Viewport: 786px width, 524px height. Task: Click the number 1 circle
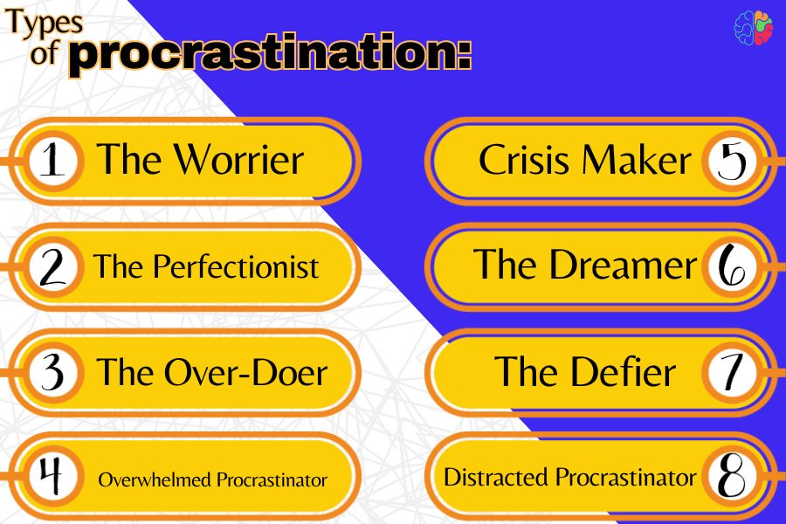pyautogui.click(x=53, y=161)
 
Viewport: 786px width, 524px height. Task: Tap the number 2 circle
pyautogui.click(x=53, y=266)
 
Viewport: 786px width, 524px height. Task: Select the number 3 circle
pyautogui.click(x=53, y=372)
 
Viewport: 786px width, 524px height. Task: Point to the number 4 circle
pyautogui.click(x=53, y=475)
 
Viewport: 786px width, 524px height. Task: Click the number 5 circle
pyautogui.click(x=732, y=161)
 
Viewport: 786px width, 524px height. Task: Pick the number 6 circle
pyautogui.click(x=732, y=266)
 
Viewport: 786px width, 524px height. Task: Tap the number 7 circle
pyautogui.click(x=732, y=372)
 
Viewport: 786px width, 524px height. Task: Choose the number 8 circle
pyautogui.click(x=732, y=475)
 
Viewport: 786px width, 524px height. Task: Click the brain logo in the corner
pyautogui.click(x=753, y=28)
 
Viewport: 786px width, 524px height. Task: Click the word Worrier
pyautogui.click(x=238, y=160)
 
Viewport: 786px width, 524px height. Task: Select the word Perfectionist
pyautogui.click(x=236, y=265)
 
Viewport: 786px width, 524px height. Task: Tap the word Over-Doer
pyautogui.click(x=246, y=372)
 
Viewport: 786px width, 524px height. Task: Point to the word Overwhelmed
pyautogui.click(x=155, y=479)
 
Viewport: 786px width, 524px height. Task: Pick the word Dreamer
pyautogui.click(x=623, y=265)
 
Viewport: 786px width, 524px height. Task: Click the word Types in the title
pyautogui.click(x=45, y=23)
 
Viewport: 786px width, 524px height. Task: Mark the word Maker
pyautogui.click(x=637, y=160)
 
